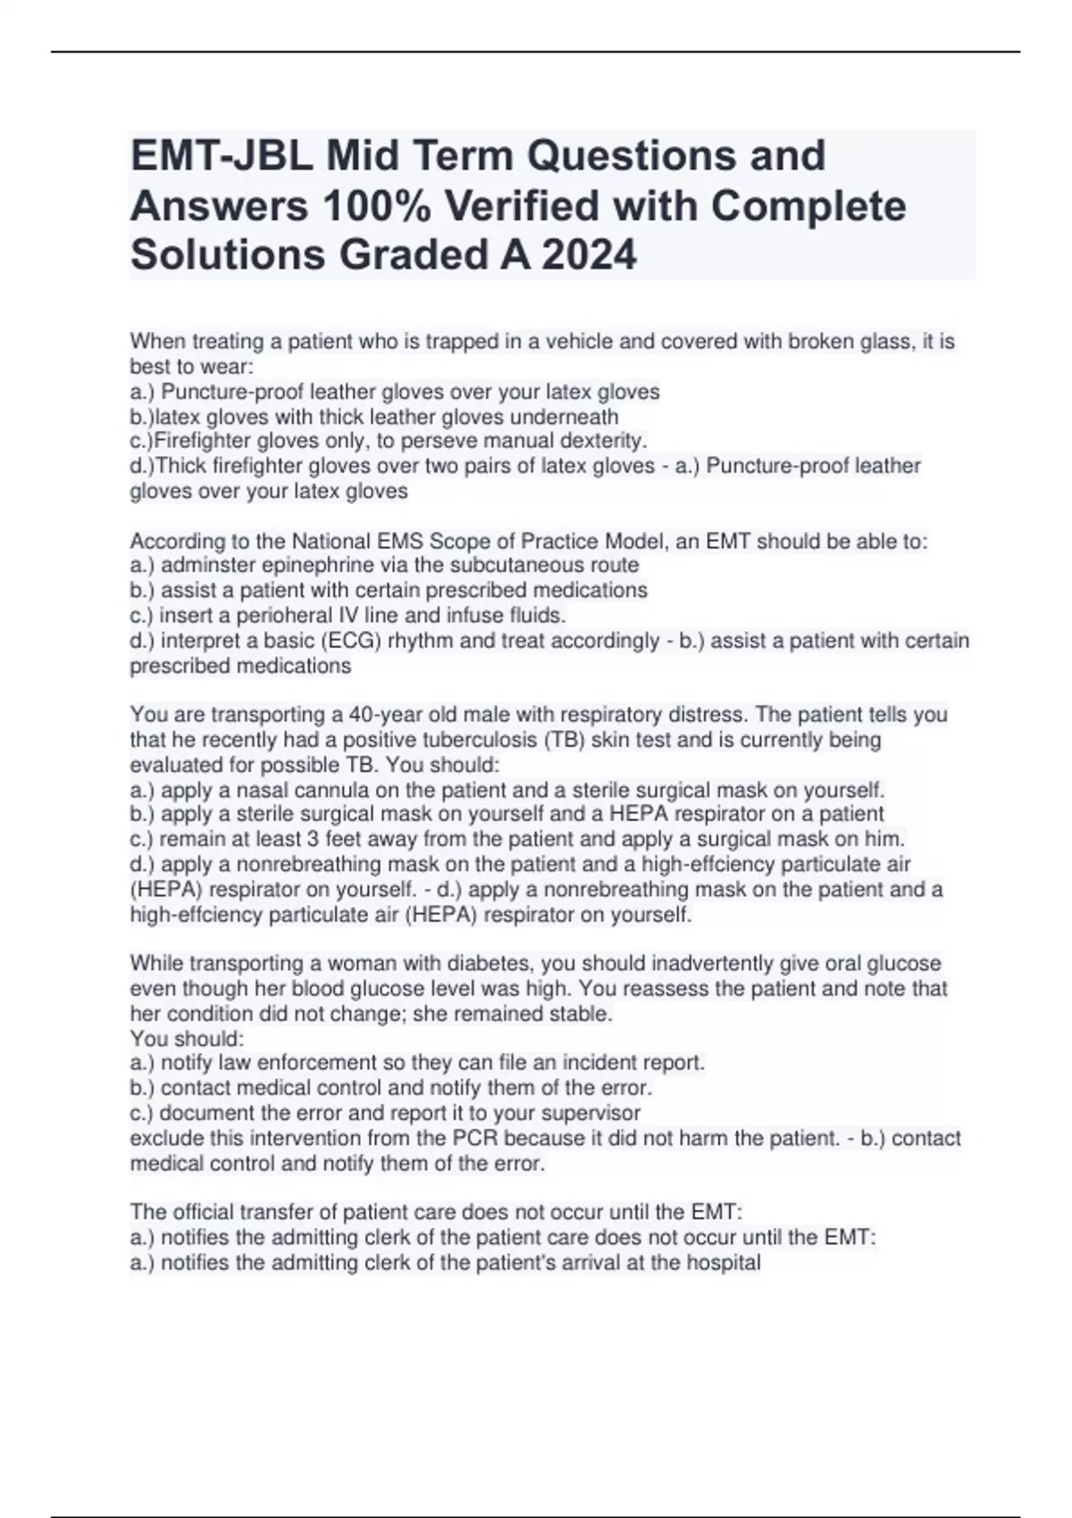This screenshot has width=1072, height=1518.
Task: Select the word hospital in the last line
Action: [x=722, y=1263]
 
